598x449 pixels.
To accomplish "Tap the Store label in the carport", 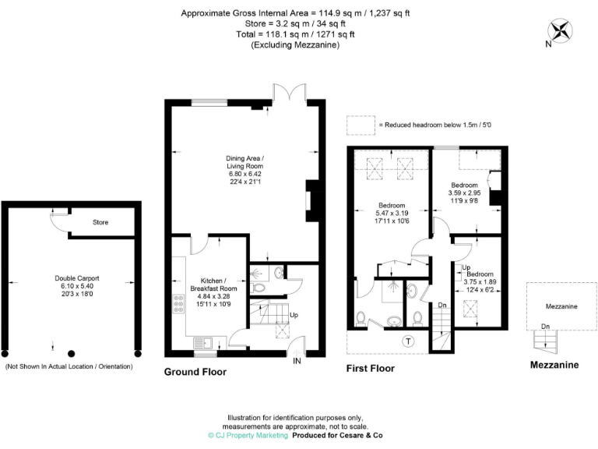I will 100,222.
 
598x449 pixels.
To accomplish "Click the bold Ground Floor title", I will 195,372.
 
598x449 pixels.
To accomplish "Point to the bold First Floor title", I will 370,368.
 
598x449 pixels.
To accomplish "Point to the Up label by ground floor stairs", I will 294,316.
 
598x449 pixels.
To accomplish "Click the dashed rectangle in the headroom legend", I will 360,124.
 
